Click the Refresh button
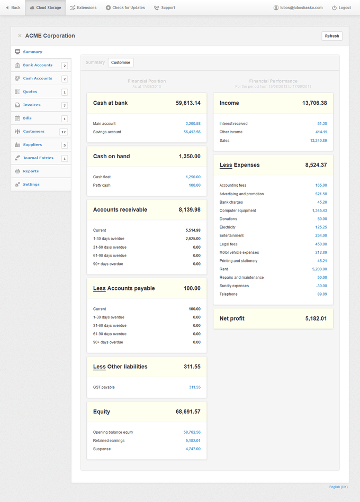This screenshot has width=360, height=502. [332, 36]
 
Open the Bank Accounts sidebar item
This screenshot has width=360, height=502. [38, 65]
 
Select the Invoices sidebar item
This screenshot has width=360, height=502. [32, 105]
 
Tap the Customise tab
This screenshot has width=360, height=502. [121, 62]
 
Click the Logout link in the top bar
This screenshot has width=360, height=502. [341, 8]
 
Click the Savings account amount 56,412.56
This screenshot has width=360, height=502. [192, 132]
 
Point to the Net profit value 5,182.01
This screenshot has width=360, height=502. [316, 318]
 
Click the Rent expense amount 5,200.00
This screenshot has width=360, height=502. [319, 269]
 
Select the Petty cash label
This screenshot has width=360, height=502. [102, 185]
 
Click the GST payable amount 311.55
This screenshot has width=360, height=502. [194, 387]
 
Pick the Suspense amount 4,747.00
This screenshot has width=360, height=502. [193, 449]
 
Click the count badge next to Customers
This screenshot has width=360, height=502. [64, 132]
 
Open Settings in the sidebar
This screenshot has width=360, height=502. [31, 184]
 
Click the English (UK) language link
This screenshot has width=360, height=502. [338, 487]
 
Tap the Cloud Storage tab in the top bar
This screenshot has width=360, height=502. [46, 8]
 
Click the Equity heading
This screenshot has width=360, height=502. [102, 412]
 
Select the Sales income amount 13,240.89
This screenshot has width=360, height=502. [318, 140]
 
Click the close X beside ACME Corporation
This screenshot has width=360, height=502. [20, 36]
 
